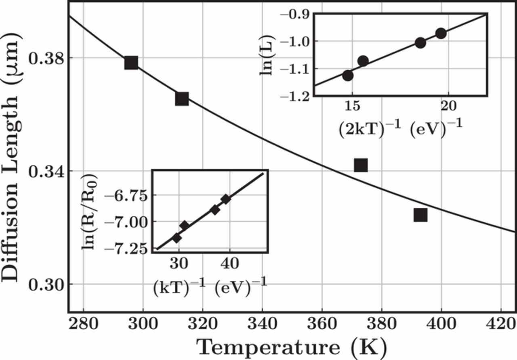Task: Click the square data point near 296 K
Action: coord(131,63)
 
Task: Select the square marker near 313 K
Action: coord(182,99)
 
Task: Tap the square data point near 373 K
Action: coord(361,165)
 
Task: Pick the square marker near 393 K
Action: coord(420,215)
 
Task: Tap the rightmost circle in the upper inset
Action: coord(441,33)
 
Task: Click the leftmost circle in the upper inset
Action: coord(348,75)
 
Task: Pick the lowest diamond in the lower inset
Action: coord(177,238)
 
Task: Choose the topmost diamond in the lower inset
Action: coord(226,199)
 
